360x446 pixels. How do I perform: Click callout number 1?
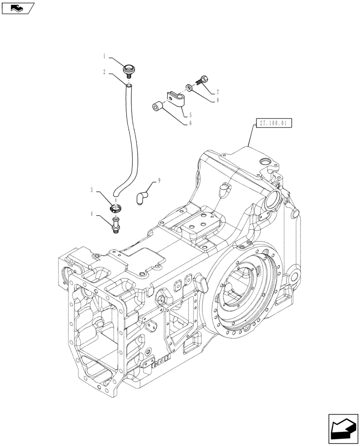coord(105,57)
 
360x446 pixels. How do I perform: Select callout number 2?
coord(105,71)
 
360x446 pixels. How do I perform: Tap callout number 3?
coord(92,190)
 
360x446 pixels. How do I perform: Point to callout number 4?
coord(92,214)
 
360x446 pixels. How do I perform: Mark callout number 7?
coord(217,93)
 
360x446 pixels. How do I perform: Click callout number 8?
coord(217,101)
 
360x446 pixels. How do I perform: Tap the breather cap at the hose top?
coord(128,70)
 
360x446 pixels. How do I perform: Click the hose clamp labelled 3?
coord(117,208)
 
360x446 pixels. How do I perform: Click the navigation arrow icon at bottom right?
coord(344,429)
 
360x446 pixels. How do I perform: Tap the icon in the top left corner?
coord(18,7)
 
